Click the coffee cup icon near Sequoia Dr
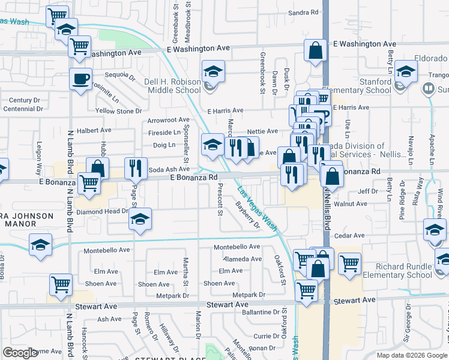point(80,79)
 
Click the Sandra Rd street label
point(303,13)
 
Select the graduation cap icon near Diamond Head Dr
point(140,219)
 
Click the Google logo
point(20,352)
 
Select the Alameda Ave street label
point(242,259)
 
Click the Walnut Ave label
point(351,204)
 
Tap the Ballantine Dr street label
point(262,312)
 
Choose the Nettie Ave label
point(263,131)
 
